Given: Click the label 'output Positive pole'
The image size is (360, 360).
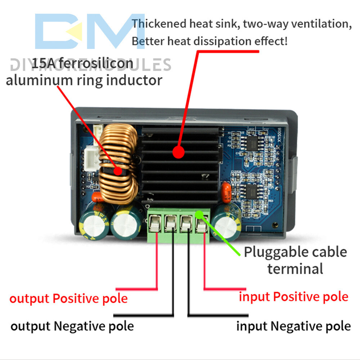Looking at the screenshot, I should tap(68, 298).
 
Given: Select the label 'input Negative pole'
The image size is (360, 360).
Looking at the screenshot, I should tap(293, 326).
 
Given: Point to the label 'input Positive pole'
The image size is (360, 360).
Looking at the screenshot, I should tap(293, 297).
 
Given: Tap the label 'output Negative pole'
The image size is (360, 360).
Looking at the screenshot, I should tap(72, 326).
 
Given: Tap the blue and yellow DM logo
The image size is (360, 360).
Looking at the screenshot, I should tap(85, 32).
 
